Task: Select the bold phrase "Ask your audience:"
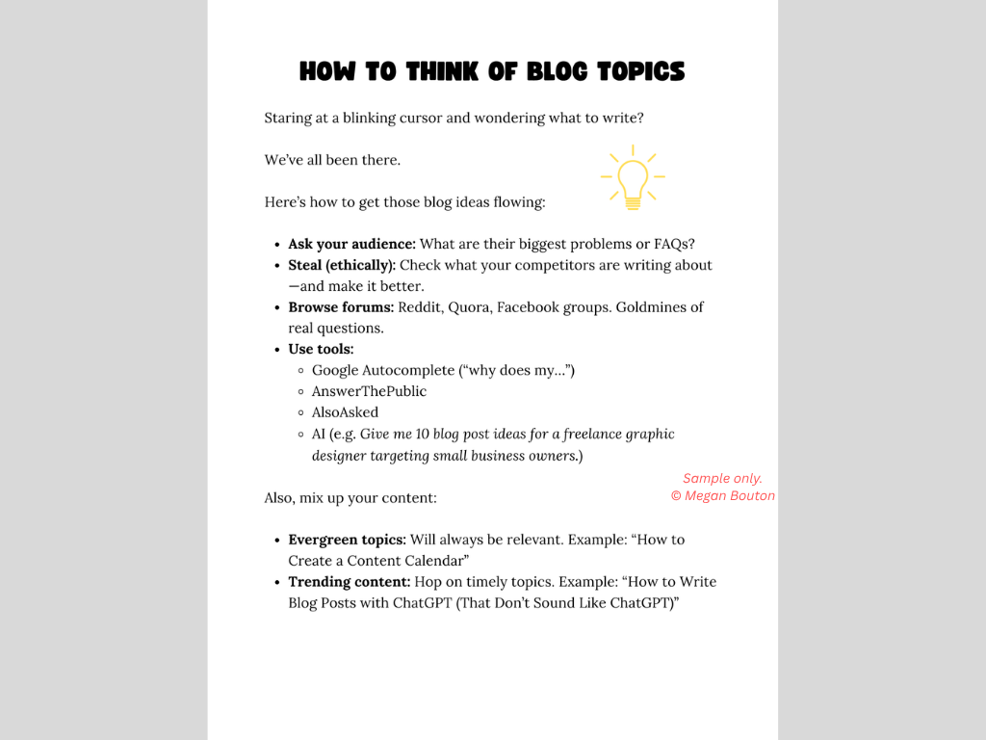tap(351, 245)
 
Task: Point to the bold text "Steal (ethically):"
tap(342, 265)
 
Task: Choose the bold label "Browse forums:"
tap(341, 307)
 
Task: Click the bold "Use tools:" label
tap(321, 349)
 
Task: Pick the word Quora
tap(470, 307)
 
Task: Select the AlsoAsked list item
tap(345, 412)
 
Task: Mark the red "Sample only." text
tap(722, 479)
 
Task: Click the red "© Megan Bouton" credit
tap(722, 496)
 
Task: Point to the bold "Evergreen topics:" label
tap(347, 540)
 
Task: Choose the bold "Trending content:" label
tap(350, 582)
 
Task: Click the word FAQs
tap(674, 245)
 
